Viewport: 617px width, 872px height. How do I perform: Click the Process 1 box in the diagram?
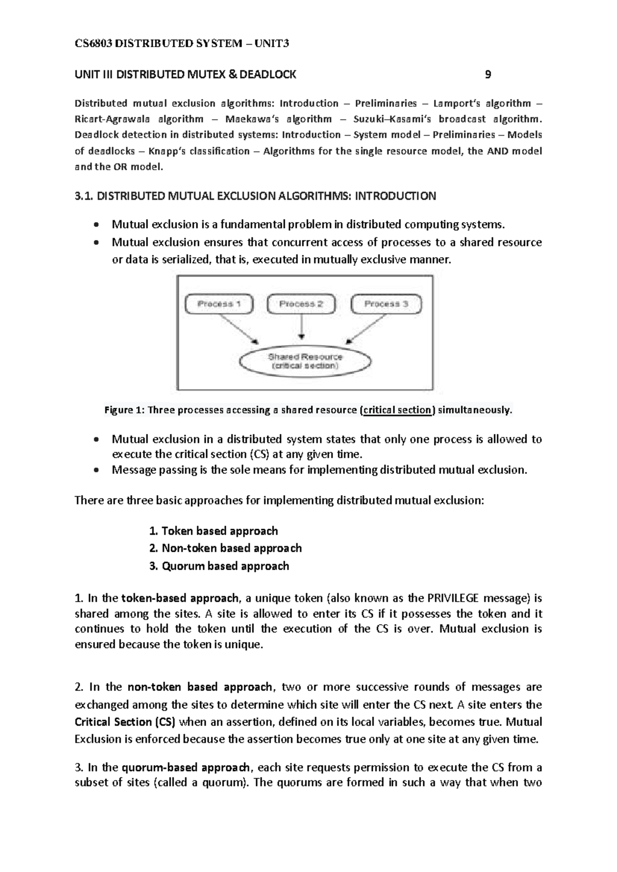219,304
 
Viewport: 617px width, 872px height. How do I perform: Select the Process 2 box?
301,304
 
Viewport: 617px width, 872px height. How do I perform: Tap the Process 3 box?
386,304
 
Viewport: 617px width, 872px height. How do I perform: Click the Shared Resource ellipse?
305,361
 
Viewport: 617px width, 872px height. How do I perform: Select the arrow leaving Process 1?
238,329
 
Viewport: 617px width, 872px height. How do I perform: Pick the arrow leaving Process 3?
367,329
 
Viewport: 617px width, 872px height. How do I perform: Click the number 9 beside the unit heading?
488,75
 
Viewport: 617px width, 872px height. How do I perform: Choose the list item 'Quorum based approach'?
225,566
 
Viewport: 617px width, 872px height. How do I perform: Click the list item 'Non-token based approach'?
231,549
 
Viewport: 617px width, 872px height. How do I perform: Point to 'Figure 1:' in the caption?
124,410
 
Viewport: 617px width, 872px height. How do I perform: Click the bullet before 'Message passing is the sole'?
96,470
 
